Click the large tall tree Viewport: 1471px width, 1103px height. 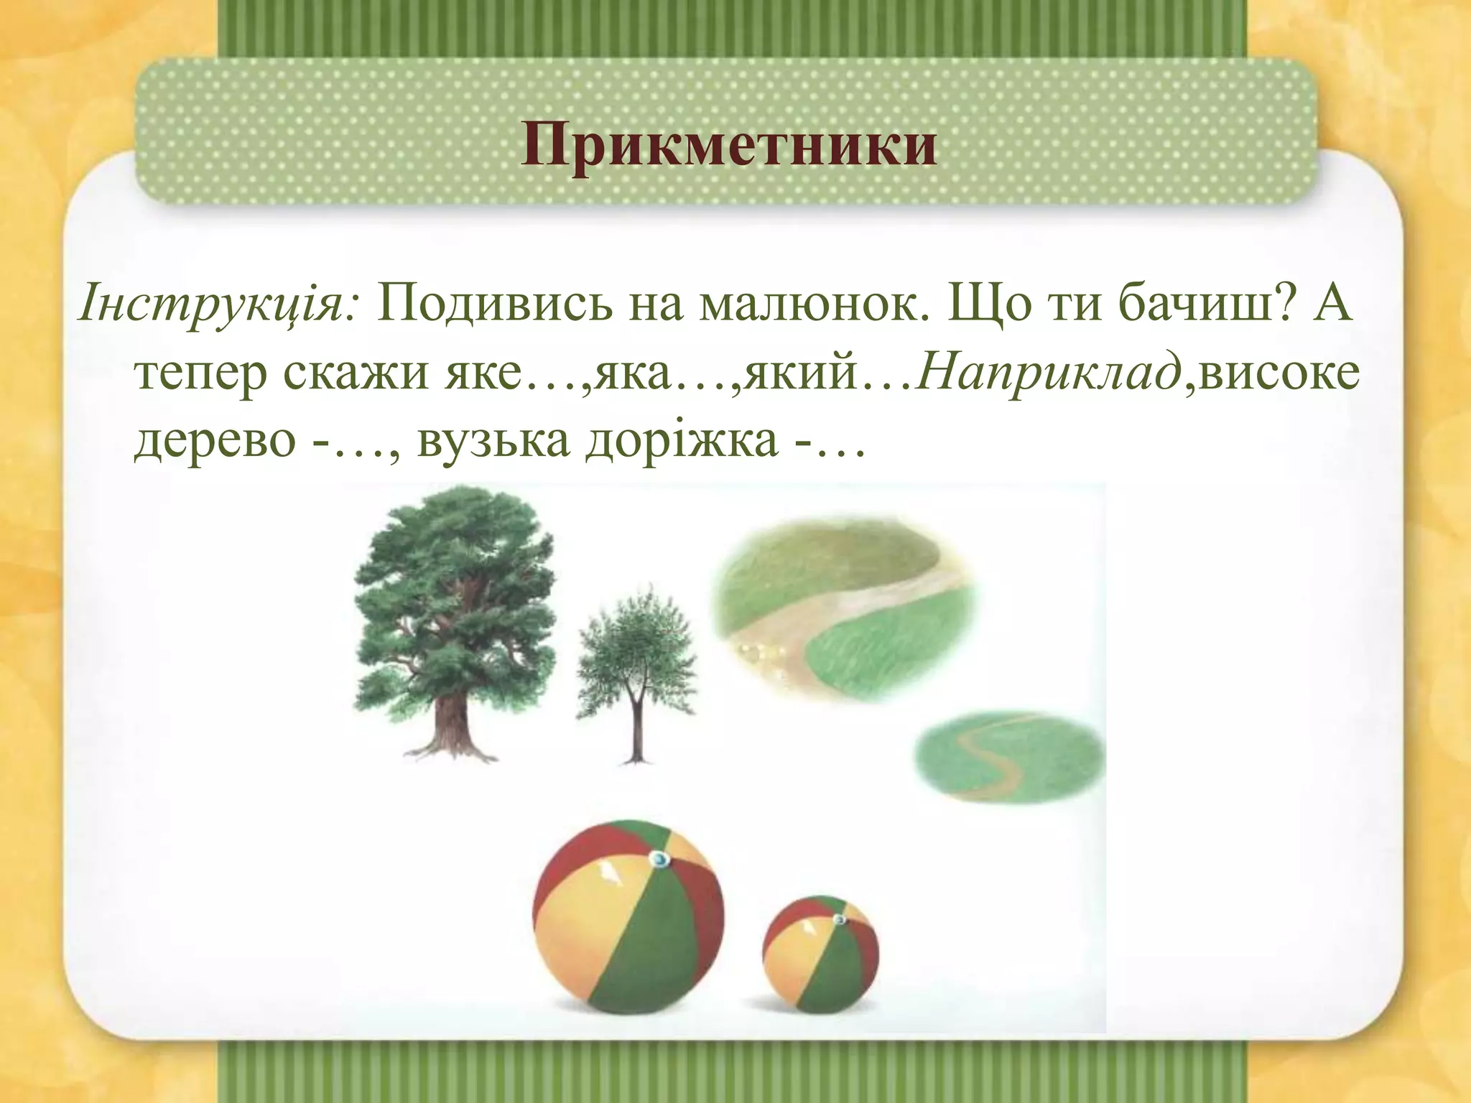(455, 603)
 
